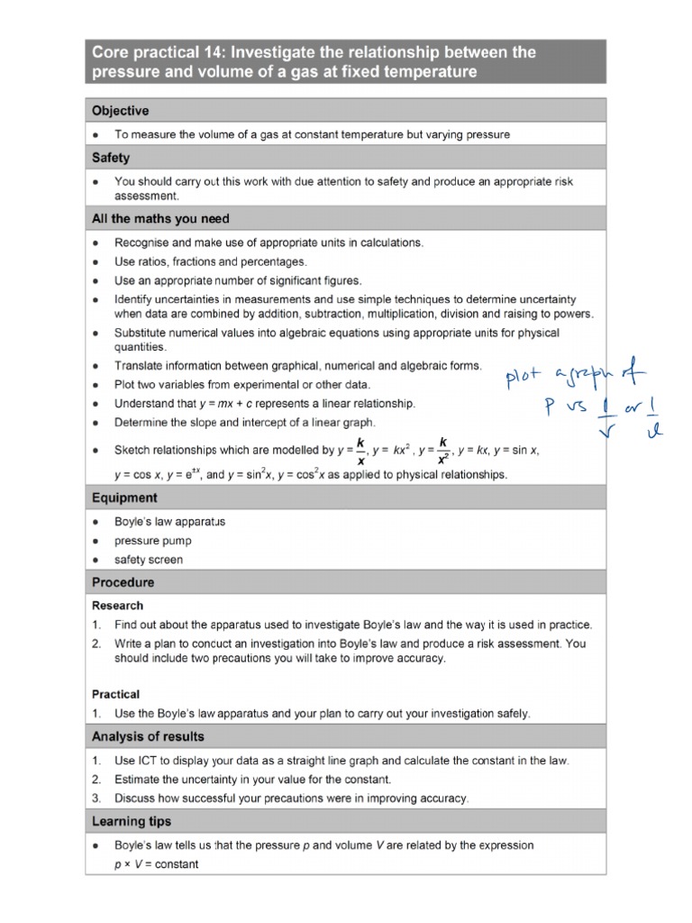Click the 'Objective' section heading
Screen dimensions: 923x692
[x=120, y=111]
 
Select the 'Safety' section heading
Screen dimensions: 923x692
[x=111, y=158]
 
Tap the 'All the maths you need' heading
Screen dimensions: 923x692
[x=160, y=218]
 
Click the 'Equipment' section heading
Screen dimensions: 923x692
[x=124, y=498]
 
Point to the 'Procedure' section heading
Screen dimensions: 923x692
[x=123, y=582]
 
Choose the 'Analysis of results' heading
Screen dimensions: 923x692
[x=148, y=736]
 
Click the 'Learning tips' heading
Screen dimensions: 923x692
[x=132, y=821]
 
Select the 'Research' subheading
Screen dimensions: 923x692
[x=117, y=606]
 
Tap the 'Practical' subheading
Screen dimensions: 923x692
[x=115, y=694]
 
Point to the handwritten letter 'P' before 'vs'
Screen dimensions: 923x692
[x=548, y=407]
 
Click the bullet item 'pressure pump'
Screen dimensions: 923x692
[x=152, y=541]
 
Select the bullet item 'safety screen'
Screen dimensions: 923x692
[x=148, y=560]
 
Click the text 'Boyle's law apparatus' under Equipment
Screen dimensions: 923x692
[x=169, y=522]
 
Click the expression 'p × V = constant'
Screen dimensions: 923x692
[x=156, y=864]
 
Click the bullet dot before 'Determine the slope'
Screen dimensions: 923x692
[x=96, y=423]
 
